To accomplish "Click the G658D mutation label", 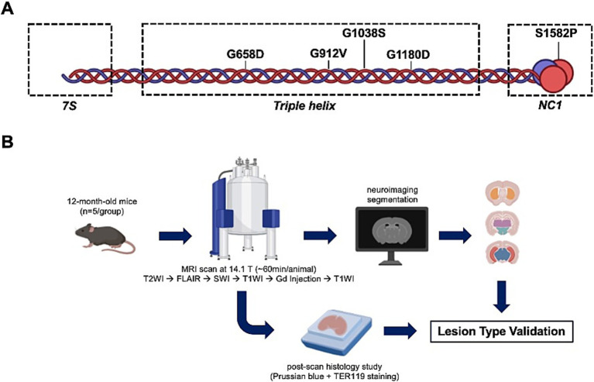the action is (x=245, y=54).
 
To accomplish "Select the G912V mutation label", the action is (x=328, y=53).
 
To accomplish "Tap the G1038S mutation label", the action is (x=364, y=33).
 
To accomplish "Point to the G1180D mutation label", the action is (x=408, y=54).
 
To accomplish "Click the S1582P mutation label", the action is (x=556, y=33).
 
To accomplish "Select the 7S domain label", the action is (x=70, y=105).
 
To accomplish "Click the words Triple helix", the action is (x=304, y=105).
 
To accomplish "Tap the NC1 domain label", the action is (x=550, y=105).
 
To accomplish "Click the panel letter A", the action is (x=7, y=9).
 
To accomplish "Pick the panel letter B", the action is (x=7, y=143).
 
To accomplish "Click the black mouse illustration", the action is (x=105, y=238).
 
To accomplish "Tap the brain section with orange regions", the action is (x=503, y=192).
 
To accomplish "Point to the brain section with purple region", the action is (x=503, y=223).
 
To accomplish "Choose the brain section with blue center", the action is (x=503, y=253).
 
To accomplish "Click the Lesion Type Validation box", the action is (x=501, y=332).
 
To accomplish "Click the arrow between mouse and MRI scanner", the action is (x=175, y=236).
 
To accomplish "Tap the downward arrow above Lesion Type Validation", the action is (x=502, y=297).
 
